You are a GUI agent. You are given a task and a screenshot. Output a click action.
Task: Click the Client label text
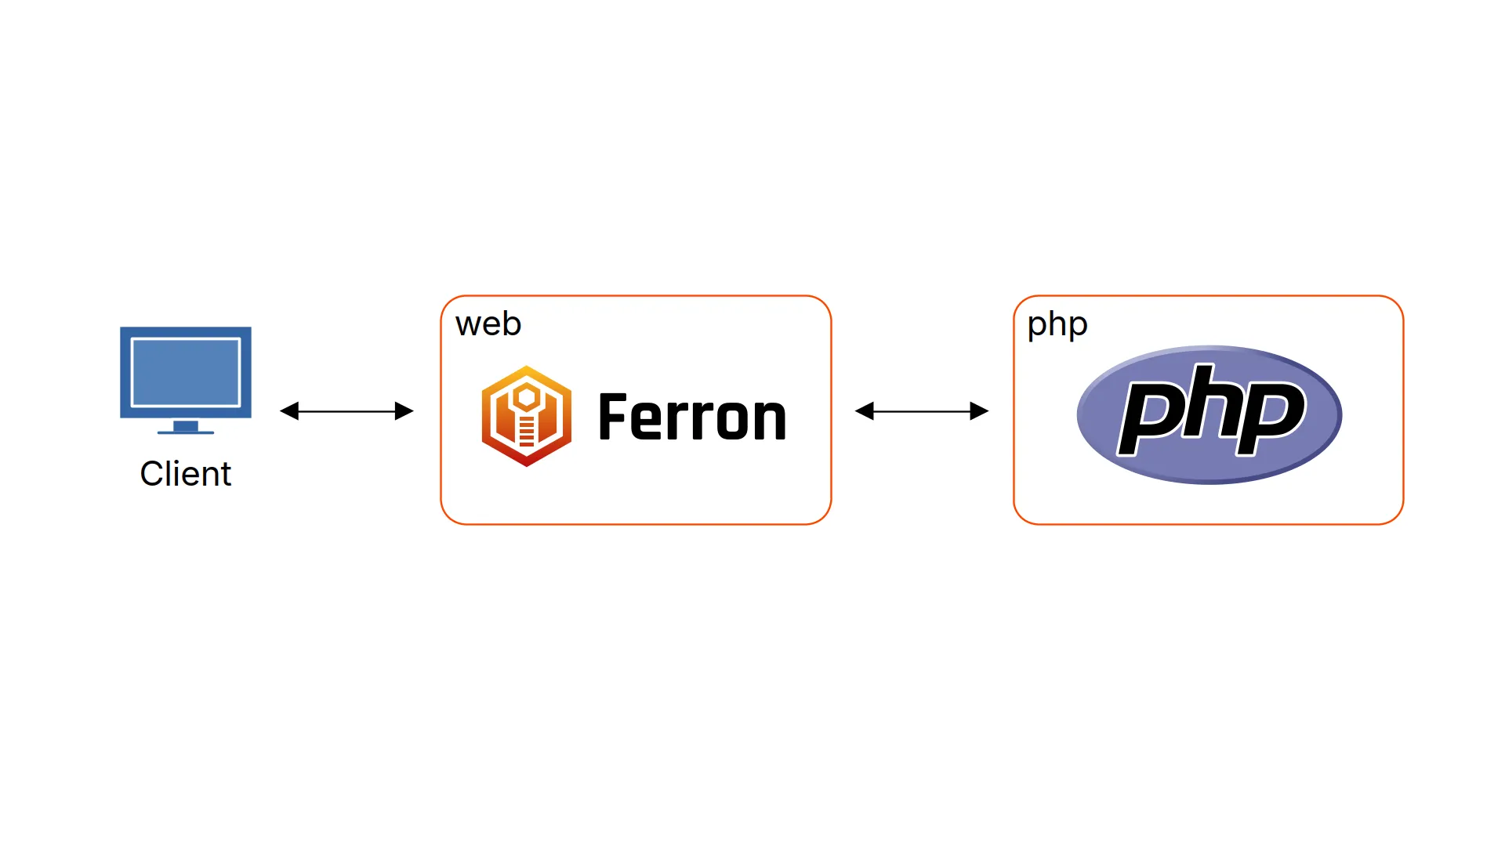pyautogui.click(x=185, y=474)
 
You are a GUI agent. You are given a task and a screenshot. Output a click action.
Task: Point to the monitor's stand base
pyautogui.click(x=186, y=430)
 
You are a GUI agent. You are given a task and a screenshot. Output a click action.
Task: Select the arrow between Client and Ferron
pyautogui.click(x=346, y=411)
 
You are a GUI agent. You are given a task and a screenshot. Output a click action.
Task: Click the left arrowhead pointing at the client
pyautogui.click(x=289, y=411)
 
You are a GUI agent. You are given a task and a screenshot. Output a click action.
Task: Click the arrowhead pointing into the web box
pyautogui.click(x=404, y=411)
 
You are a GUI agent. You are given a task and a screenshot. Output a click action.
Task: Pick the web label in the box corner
pyautogui.click(x=488, y=324)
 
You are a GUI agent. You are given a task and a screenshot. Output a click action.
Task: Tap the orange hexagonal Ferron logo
pyautogui.click(x=526, y=416)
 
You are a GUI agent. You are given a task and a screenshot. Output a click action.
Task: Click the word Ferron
pyautogui.click(x=692, y=418)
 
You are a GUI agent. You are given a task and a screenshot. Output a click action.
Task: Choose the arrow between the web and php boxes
pyautogui.click(x=922, y=411)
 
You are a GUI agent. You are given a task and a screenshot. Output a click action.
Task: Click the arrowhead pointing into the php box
pyautogui.click(x=980, y=411)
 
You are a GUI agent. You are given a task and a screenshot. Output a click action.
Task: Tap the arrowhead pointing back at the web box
pyautogui.click(x=864, y=411)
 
